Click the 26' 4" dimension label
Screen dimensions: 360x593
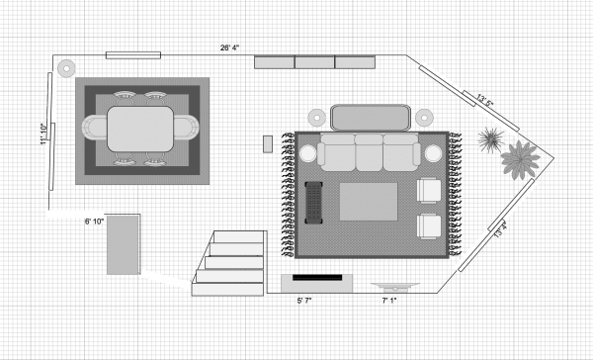point(229,46)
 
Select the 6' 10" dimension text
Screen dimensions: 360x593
point(94,222)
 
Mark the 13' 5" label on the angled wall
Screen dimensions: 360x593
point(484,99)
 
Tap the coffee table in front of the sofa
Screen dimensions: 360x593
point(369,202)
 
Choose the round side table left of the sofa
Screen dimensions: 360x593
point(307,154)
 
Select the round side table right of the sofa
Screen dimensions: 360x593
point(434,153)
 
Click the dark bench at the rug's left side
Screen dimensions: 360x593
point(314,201)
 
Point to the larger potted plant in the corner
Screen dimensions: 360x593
point(519,158)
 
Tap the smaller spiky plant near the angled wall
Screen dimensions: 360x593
point(488,138)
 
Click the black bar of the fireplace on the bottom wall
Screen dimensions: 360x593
point(316,279)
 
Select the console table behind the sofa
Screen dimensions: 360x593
point(371,117)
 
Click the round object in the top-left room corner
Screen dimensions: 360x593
point(65,69)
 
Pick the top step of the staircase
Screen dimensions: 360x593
point(239,238)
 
